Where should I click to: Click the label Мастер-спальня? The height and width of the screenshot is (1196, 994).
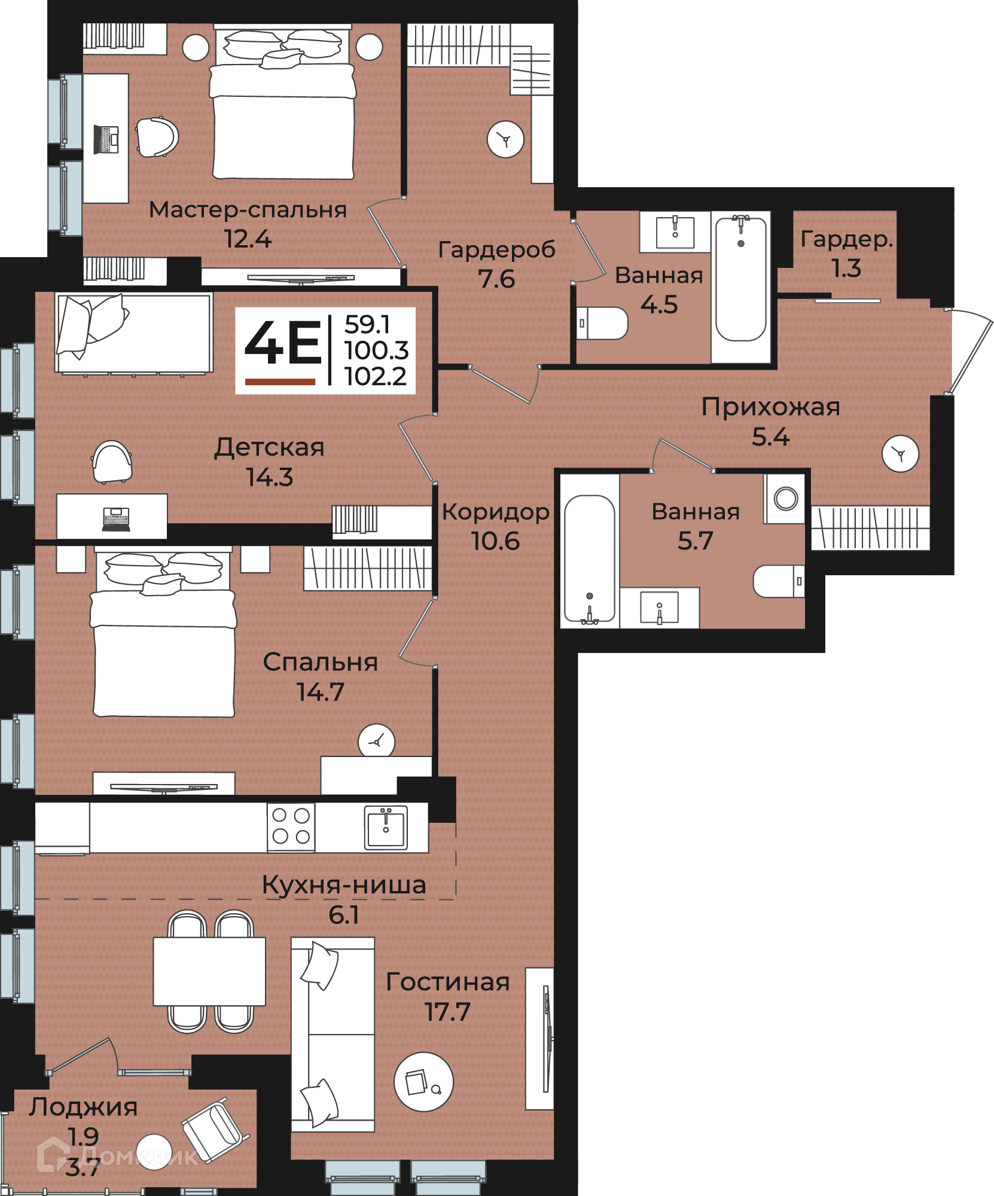point(248,210)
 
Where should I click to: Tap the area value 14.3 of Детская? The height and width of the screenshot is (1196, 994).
point(270,477)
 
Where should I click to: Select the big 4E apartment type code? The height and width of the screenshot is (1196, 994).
point(283,343)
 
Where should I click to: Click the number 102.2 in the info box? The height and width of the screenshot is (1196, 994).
point(376,376)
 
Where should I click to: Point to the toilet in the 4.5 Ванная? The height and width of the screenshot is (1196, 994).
point(602,324)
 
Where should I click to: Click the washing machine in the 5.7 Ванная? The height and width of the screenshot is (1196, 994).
point(785,499)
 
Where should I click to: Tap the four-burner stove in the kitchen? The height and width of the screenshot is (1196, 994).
point(291,826)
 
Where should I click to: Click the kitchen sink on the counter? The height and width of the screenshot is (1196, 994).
point(386,828)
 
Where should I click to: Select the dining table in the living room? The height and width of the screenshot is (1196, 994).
point(209,971)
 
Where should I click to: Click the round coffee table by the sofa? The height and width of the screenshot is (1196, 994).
point(423,1082)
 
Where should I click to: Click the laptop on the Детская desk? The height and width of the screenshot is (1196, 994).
point(117,518)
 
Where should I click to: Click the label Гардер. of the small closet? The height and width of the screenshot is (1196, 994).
point(846,240)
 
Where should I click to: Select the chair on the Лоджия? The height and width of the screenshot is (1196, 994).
point(215,1130)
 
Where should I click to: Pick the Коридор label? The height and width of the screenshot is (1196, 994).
point(496,512)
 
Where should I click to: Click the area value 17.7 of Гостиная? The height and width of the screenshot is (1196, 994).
point(447,1012)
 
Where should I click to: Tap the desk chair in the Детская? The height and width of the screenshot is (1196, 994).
point(112,461)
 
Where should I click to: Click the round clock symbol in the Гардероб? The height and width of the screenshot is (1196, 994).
point(505,139)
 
